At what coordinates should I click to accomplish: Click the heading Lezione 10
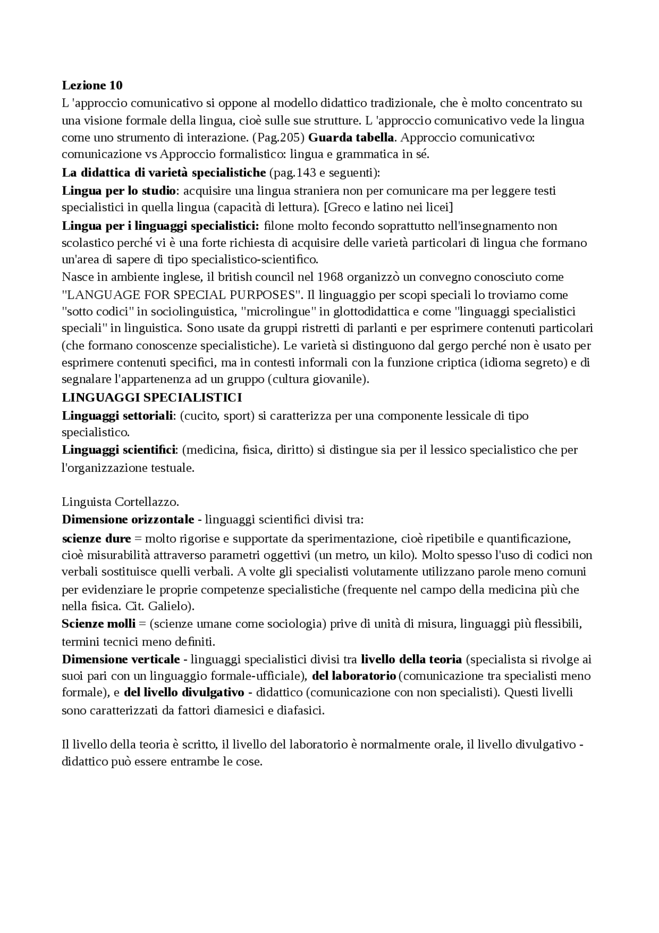[92, 85]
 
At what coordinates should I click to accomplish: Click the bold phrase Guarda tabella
[351, 138]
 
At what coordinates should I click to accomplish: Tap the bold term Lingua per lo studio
[119, 191]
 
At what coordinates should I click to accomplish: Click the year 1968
[330, 277]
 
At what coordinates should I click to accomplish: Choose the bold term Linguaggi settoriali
[118, 415]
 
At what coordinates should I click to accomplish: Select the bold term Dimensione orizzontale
[128, 519]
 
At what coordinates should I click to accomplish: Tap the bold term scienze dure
[96, 538]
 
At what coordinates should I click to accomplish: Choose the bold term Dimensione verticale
[121, 659]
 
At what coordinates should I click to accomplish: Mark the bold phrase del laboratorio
[354, 675]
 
